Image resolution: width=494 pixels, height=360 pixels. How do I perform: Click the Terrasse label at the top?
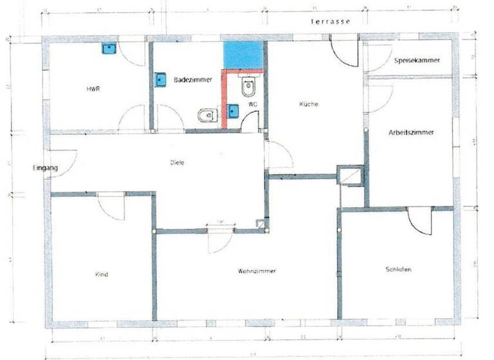click(330, 21)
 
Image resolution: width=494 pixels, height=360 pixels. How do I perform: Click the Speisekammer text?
click(417, 60)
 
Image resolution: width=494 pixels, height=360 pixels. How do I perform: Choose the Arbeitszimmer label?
click(412, 132)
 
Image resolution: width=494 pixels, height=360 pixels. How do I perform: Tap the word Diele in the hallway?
click(178, 163)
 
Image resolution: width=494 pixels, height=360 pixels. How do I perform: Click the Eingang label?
click(46, 168)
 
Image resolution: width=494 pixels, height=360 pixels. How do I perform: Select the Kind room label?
click(102, 274)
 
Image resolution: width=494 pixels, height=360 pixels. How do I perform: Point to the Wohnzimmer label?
click(257, 271)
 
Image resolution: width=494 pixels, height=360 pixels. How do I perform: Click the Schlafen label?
click(398, 269)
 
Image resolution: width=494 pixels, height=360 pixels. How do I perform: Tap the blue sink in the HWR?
click(109, 48)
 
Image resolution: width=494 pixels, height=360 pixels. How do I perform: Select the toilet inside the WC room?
click(249, 85)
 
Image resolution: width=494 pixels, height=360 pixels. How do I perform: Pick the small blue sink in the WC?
click(233, 111)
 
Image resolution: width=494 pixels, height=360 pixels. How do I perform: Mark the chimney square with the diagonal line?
click(351, 175)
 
